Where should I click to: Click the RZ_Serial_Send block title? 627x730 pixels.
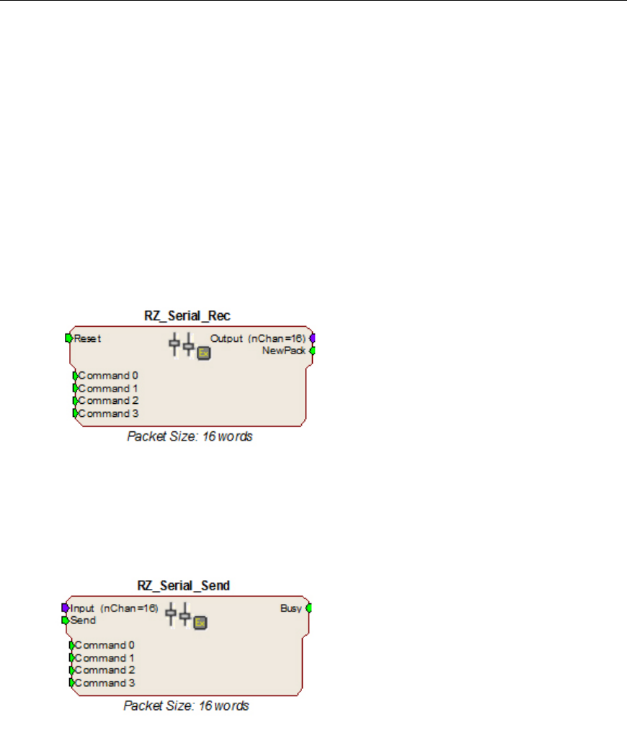coord(183,585)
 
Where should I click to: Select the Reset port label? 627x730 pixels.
coord(87,338)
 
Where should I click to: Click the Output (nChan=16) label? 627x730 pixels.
coord(258,338)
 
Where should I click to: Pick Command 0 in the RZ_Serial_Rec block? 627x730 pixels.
coord(108,375)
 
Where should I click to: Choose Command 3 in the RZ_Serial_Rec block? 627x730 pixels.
coord(108,413)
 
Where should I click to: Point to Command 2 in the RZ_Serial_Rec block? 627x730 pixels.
coord(108,400)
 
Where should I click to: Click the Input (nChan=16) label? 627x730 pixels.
coord(114,608)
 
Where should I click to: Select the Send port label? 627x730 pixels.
coord(84,620)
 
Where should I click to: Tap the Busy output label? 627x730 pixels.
coord(290,608)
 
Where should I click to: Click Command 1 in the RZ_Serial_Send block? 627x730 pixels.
coord(104,657)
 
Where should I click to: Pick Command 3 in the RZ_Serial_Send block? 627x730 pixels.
coord(104,682)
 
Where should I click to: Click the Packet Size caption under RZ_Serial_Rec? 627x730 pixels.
coord(190,436)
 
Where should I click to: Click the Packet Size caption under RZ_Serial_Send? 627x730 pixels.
coord(186,706)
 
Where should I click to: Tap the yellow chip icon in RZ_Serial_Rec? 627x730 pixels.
coord(203,353)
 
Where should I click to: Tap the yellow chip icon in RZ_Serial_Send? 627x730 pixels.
coord(200,623)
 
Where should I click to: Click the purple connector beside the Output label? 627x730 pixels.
coord(312,338)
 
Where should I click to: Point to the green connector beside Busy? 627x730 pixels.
coord(308,608)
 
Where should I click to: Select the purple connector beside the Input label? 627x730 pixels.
coord(65,608)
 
